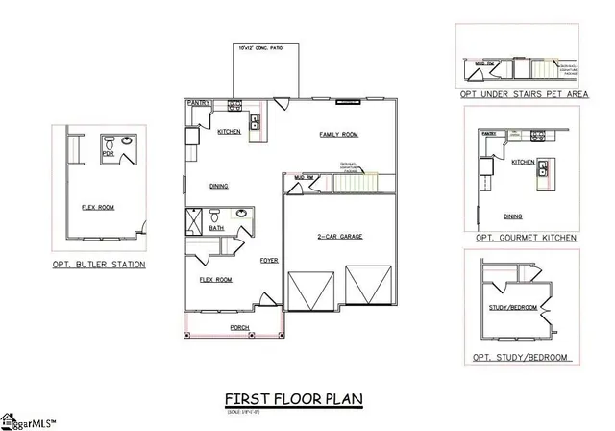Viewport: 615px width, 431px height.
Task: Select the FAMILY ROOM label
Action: (338, 136)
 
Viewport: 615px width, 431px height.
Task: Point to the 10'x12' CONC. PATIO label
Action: (260, 46)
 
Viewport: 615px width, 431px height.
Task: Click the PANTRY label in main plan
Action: (199, 101)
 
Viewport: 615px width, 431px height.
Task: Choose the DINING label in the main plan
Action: (219, 188)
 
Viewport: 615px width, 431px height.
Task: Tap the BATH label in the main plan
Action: (217, 228)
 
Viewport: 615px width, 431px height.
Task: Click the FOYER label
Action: (268, 260)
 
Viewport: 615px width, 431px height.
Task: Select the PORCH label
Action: (239, 328)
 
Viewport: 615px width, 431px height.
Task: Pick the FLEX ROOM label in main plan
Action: (215, 280)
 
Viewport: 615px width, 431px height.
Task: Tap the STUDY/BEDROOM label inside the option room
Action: (511, 308)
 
